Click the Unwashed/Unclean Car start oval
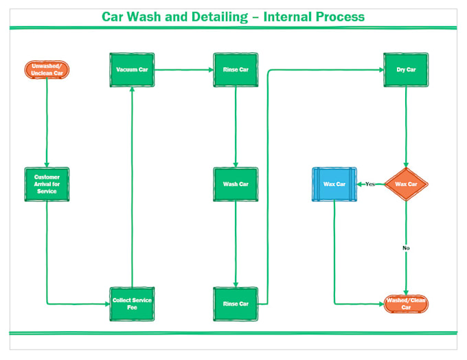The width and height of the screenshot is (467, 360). tap(47, 69)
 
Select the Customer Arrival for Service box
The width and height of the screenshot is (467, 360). tap(47, 184)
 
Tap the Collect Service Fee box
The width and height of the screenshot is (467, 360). tap(132, 304)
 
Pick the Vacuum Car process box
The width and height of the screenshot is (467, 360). tap(132, 70)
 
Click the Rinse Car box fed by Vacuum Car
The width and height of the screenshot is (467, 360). tap(236, 70)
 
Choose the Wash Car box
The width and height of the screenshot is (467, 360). tap(236, 184)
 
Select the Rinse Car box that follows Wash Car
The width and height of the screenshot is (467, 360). tap(236, 304)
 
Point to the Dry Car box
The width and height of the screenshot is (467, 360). tap(406, 70)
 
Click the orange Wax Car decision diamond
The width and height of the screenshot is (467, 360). tap(406, 184)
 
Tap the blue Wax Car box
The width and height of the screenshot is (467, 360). tap(334, 184)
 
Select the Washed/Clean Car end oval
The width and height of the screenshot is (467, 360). tap(406, 304)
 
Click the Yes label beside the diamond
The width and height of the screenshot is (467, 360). tap(369, 184)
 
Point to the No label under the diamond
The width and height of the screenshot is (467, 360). tap(406, 247)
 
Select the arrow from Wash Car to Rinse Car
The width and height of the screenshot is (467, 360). tap(236, 244)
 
